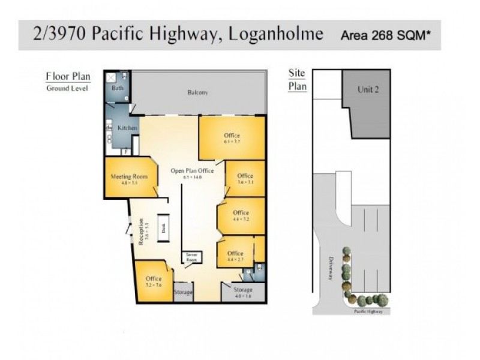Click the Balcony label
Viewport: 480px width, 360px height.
pos(197,92)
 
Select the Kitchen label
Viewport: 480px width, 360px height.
pos(127,128)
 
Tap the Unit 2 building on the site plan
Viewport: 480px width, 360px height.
pos(368,90)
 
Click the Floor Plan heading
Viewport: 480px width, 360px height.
pos(68,76)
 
